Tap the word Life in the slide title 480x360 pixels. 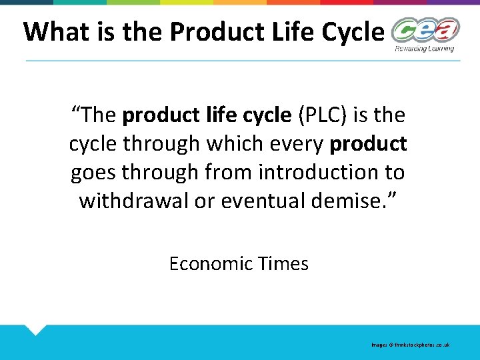tap(283, 32)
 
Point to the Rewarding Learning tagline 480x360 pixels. tap(425, 48)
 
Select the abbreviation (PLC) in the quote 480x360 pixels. tap(325, 115)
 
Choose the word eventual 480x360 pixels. tap(255, 200)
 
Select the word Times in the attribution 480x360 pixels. tap(285, 264)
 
